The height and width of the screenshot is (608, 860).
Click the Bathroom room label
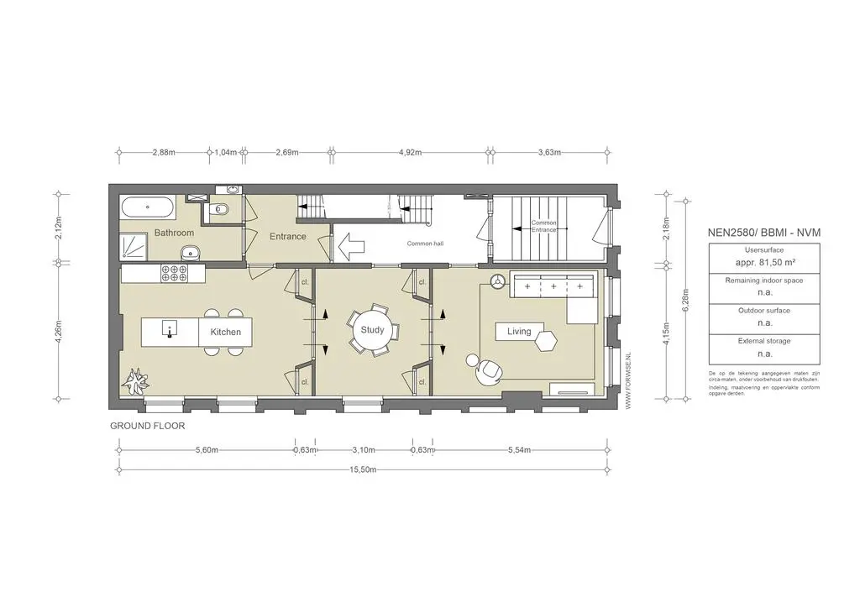click(x=174, y=233)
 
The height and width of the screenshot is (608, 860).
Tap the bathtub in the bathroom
click(x=148, y=207)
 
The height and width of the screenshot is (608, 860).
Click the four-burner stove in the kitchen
click(x=173, y=273)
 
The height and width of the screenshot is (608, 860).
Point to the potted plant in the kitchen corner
click(x=134, y=382)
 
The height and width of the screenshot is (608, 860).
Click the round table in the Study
click(x=372, y=330)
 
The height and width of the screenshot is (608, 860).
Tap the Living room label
click(x=519, y=332)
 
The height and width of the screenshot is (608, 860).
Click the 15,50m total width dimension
click(x=363, y=470)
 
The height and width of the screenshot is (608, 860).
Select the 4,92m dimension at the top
click(x=409, y=153)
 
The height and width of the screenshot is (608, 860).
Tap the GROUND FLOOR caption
click(x=147, y=426)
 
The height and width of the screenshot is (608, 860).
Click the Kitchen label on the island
click(x=225, y=332)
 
